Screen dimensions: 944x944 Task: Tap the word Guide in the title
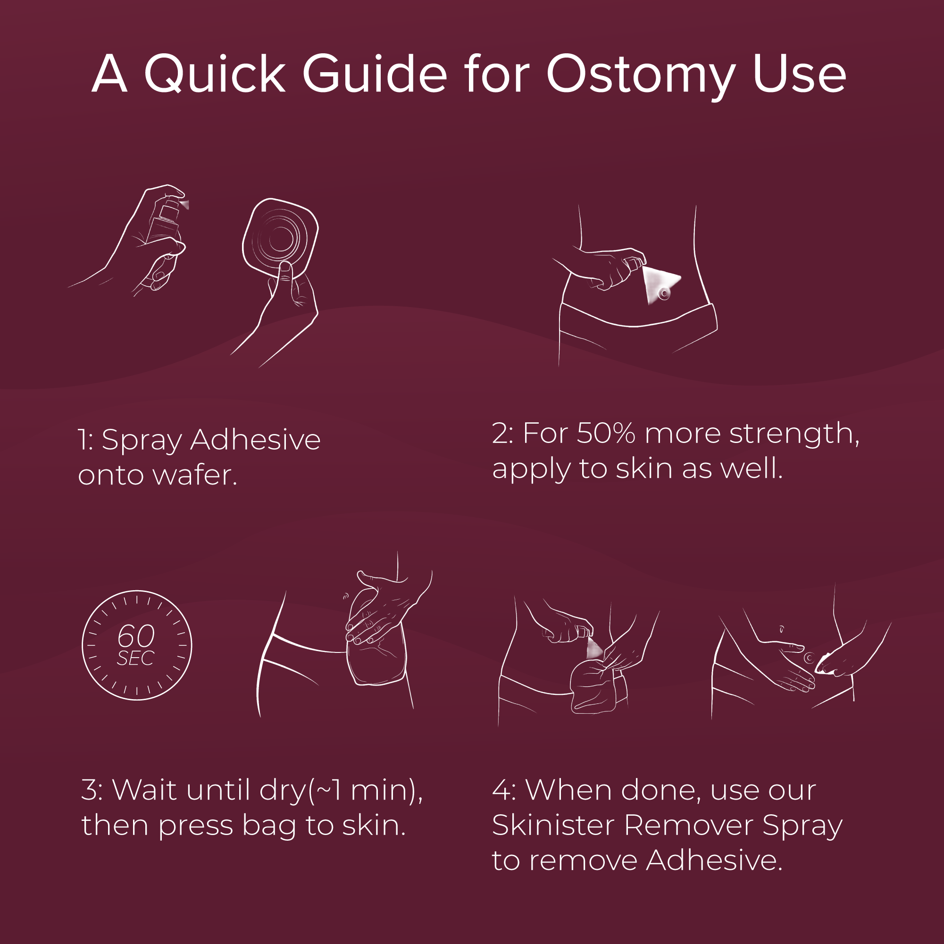[375, 73]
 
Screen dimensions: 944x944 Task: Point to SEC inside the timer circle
[135, 658]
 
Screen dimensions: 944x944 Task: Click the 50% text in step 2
[606, 434]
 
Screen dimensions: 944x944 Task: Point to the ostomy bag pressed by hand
[376, 645]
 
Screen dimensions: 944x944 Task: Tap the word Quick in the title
[215, 73]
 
